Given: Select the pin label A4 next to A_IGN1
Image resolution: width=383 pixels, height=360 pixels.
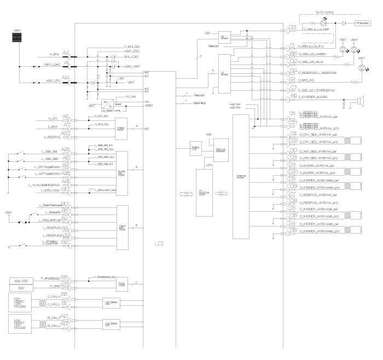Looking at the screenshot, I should coord(66,53).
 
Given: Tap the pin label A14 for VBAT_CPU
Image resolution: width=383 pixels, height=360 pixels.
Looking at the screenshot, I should coord(66,78).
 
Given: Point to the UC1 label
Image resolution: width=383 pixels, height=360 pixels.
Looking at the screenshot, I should coord(159,241).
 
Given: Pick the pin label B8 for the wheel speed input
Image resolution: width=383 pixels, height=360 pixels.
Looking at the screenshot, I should coord(65,277).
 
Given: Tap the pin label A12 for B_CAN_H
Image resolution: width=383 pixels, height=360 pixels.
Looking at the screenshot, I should coord(65,317).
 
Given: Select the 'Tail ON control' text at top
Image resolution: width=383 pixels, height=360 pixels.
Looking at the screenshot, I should coord(325,11).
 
